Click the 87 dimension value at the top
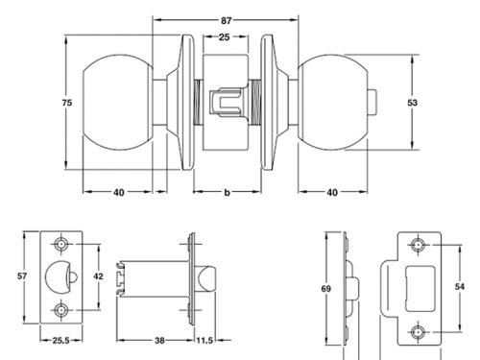pyautogui.click(x=226, y=20)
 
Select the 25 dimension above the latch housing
pyautogui.click(x=224, y=37)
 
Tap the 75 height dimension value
pyautogui.click(x=67, y=103)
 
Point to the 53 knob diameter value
pyautogui.click(x=413, y=103)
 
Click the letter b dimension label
pyautogui.click(x=227, y=192)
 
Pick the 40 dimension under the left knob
pyautogui.click(x=118, y=192)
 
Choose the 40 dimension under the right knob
pyautogui.click(x=332, y=192)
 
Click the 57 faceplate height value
pyautogui.click(x=22, y=276)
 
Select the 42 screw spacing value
pyautogui.click(x=98, y=276)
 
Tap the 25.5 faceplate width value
pyautogui.click(x=60, y=341)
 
